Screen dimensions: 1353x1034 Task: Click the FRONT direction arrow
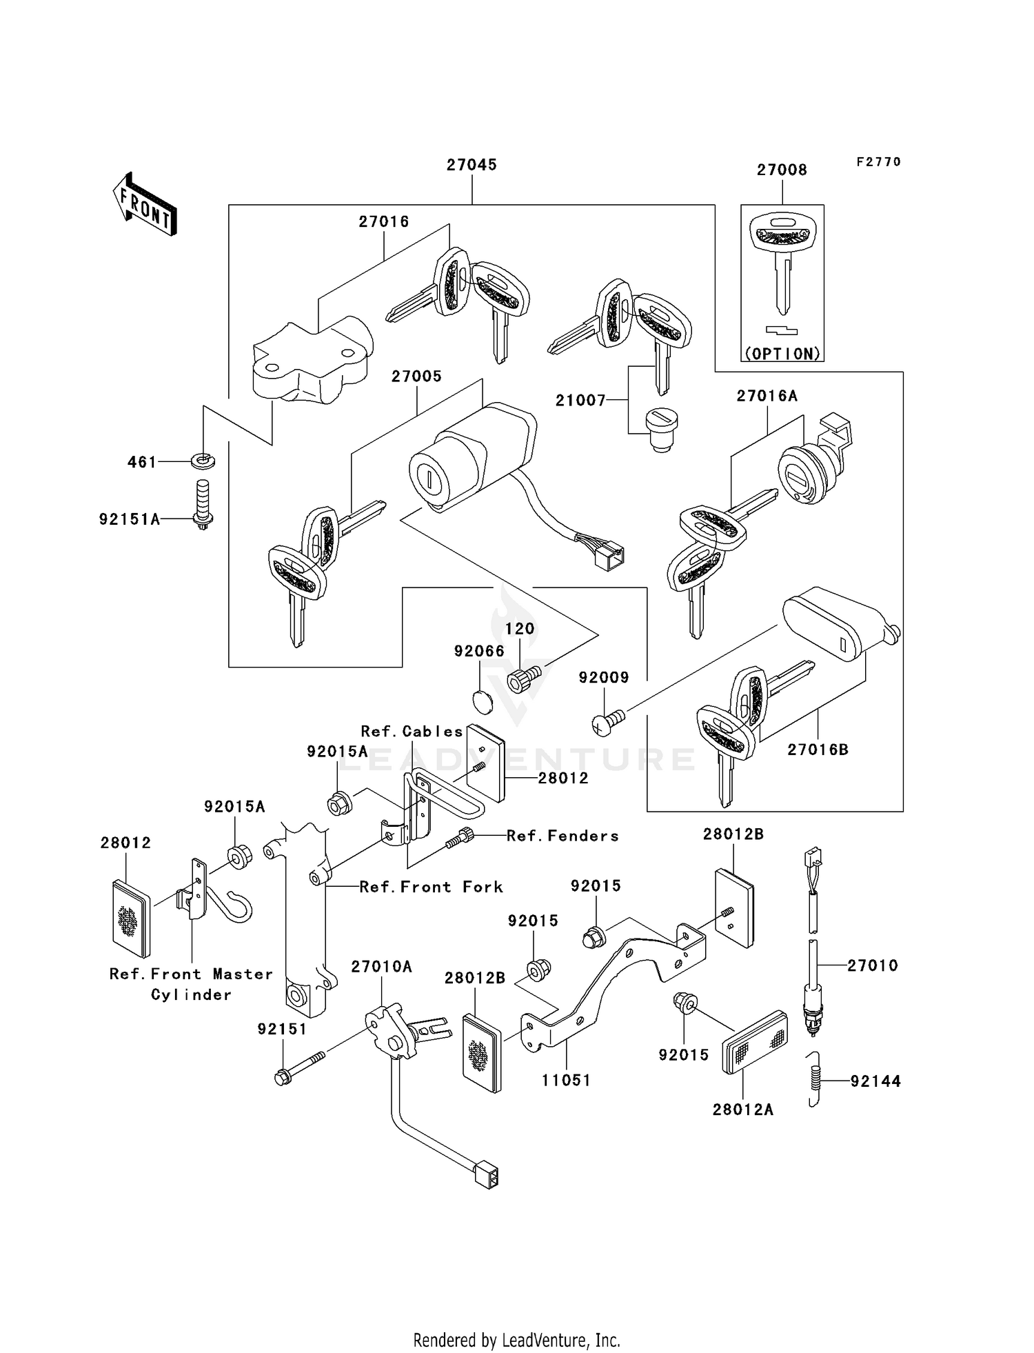click(x=145, y=205)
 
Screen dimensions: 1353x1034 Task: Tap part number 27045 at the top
click(x=472, y=165)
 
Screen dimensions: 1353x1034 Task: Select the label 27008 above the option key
click(x=782, y=170)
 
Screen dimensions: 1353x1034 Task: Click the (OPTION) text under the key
click(x=782, y=354)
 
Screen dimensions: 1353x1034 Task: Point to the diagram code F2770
click(x=878, y=162)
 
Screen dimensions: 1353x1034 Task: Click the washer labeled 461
click(x=203, y=459)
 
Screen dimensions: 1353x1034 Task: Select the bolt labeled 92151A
click(x=202, y=504)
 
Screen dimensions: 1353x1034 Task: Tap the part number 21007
click(x=580, y=400)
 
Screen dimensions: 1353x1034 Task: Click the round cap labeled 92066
click(x=484, y=702)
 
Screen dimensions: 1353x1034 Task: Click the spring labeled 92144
click(x=815, y=1080)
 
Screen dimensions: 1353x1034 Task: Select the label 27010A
click(x=381, y=967)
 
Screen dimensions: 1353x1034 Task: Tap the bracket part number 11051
click(x=566, y=1080)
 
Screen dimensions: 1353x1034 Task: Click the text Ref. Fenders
click(x=562, y=836)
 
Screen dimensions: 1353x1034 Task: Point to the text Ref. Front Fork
click(x=431, y=887)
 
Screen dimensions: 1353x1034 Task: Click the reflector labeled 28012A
click(x=753, y=1041)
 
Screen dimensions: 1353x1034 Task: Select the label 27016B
click(x=818, y=750)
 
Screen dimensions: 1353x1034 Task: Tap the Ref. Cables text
click(x=412, y=731)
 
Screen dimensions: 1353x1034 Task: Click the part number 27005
click(x=416, y=377)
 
